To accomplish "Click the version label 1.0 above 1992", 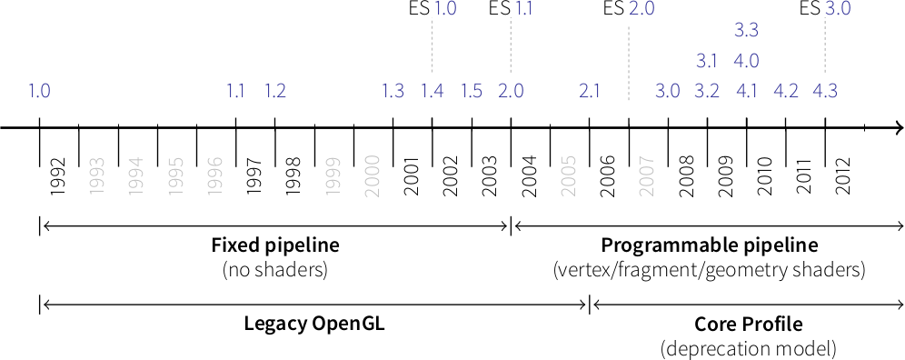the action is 39,91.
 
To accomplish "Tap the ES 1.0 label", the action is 432,9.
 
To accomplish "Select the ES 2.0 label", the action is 629,9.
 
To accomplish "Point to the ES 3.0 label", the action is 825,9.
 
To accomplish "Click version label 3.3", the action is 746,31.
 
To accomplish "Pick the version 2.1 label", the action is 589,91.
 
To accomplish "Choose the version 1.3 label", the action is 393,91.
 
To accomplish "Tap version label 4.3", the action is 825,91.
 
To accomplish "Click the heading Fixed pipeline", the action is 274,245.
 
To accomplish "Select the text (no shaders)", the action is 274,269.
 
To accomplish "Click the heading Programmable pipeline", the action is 709,245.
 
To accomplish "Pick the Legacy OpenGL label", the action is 314,325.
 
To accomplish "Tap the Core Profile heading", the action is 748,325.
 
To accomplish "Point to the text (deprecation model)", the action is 748,348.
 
